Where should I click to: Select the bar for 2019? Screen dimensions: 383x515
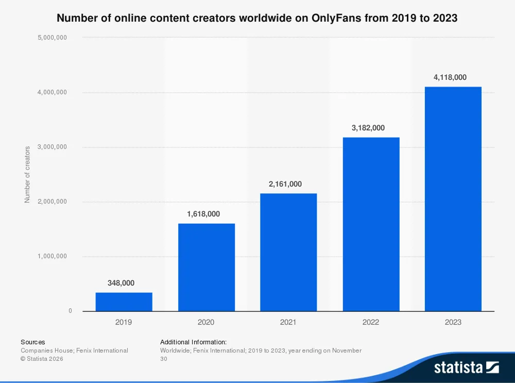(124, 302)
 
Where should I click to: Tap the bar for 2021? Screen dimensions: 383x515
(288, 252)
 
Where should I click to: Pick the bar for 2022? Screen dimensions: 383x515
(371, 224)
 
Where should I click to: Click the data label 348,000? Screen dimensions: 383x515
(124, 283)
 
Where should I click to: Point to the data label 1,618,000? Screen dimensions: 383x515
(206, 214)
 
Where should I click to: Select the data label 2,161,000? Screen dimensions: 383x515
(288, 184)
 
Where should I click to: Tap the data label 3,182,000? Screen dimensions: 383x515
(371, 128)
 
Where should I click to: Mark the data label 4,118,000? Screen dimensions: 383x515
(453, 77)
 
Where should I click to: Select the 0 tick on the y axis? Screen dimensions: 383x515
(70, 311)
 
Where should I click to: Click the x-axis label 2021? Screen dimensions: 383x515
(288, 322)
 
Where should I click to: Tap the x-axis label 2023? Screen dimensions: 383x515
(453, 322)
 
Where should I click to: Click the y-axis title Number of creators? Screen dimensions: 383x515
(27, 174)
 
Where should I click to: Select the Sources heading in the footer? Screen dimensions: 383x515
(32, 342)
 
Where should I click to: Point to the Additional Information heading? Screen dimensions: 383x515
(193, 342)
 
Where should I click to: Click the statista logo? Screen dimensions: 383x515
(466, 367)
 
